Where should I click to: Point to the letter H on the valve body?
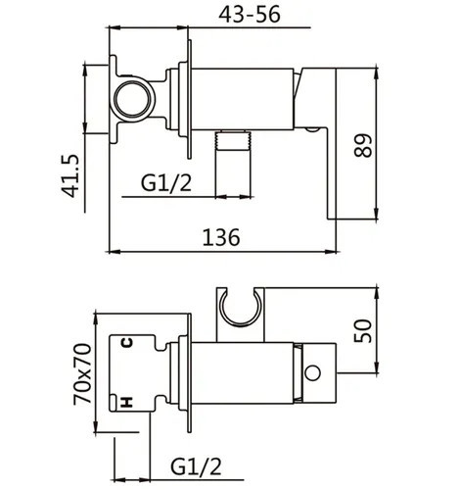click(x=125, y=401)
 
